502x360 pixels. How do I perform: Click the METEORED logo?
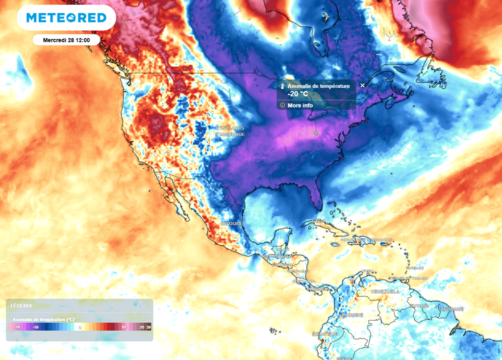[66, 18]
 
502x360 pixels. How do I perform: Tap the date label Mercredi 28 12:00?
[67, 40]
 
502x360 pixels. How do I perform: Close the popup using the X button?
[362, 85]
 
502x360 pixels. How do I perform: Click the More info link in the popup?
[301, 105]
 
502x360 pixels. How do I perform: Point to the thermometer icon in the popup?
[282, 86]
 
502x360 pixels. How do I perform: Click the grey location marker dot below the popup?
[316, 133]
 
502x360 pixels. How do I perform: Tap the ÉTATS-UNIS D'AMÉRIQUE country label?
[230, 131]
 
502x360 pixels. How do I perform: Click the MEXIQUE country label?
[231, 224]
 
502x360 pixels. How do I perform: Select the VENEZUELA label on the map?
[385, 291]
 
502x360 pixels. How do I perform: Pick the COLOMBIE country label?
[351, 314]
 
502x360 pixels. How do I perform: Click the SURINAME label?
[451, 309]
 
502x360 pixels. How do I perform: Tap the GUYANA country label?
[419, 306]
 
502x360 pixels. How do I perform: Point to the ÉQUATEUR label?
[324, 334]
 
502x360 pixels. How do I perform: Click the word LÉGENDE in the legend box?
[22, 306]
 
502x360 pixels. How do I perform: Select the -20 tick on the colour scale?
[17, 327]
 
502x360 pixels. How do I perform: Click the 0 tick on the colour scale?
[79, 327]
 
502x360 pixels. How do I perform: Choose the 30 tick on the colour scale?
[149, 327]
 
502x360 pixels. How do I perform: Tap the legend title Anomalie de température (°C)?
[43, 319]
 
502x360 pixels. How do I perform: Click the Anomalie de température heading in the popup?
[319, 86]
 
